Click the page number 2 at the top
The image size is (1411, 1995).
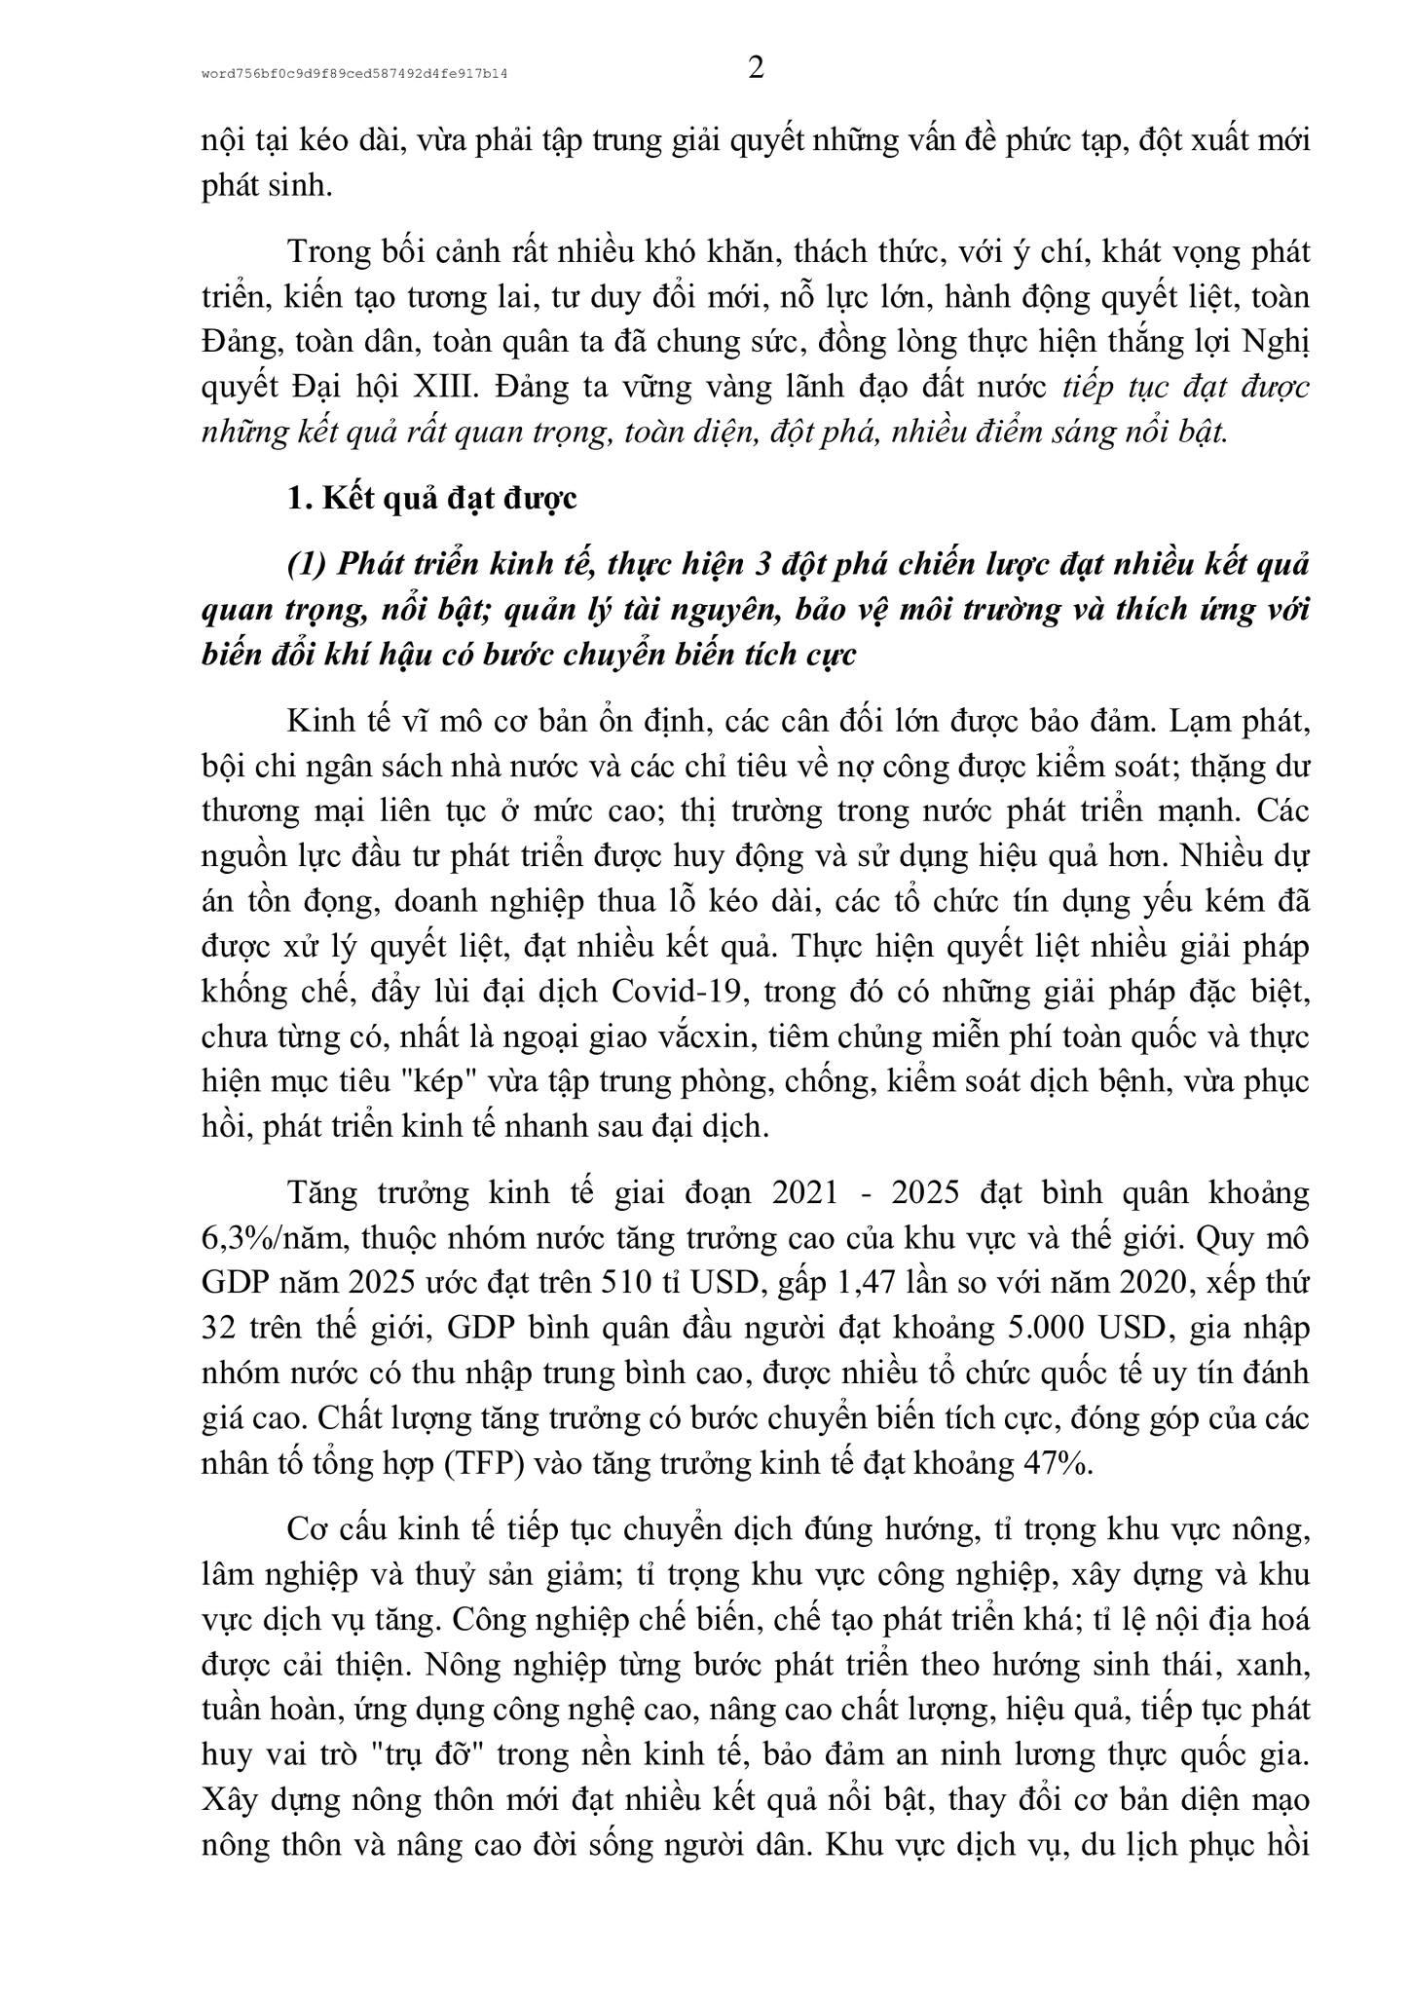[756, 69]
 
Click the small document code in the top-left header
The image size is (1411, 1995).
[355, 74]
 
